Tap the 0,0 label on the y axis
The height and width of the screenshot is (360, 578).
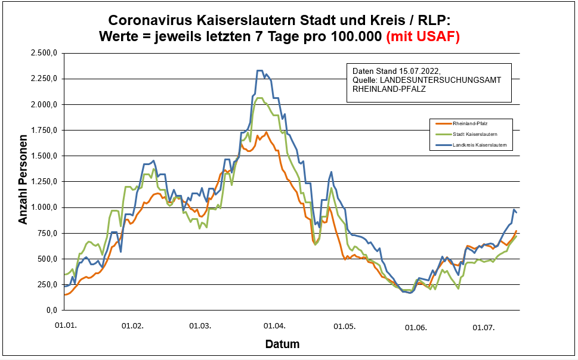coord(52,311)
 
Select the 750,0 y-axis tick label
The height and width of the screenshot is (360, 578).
coord(47,233)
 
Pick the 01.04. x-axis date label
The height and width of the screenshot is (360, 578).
coord(274,327)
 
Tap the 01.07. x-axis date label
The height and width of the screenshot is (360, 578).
coord(484,327)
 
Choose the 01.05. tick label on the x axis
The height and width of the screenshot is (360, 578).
coord(344,327)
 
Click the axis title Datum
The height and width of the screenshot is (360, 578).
coord(282,345)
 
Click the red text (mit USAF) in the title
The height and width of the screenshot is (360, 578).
coord(423,36)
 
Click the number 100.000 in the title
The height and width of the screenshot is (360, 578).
coord(352,36)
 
